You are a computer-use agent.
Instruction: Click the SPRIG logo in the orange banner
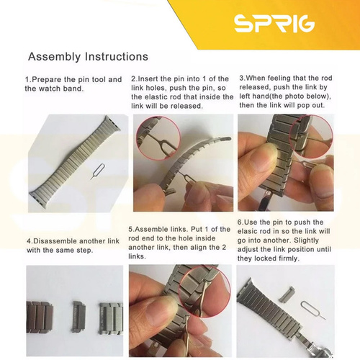point(274,23)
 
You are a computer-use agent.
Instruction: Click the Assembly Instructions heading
point(88,57)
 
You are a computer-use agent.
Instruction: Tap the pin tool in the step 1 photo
point(97,172)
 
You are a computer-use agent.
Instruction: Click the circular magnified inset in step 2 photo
point(158,138)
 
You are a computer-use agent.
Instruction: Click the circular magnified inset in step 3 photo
point(311,136)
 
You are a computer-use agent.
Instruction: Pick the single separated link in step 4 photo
point(78,317)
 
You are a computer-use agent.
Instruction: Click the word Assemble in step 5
point(150,230)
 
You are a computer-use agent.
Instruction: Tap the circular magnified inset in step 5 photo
point(204,295)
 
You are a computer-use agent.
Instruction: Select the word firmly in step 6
point(289,258)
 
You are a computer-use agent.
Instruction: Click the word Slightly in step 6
point(307,240)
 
